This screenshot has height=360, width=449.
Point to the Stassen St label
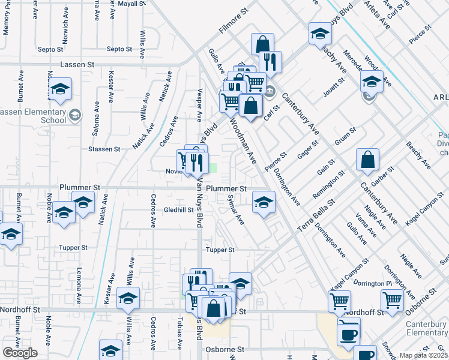tap(100, 148)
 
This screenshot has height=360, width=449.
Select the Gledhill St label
tap(179, 211)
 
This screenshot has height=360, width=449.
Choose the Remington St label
tap(329, 185)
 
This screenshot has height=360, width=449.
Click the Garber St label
tap(382, 178)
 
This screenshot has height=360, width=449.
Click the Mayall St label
tap(132, 4)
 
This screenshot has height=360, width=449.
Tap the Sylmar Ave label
tap(236, 209)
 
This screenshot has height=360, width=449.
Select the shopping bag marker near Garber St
tap(367, 161)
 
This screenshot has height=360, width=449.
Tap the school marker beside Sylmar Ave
tap(263, 202)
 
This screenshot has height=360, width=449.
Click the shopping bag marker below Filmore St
tap(263, 44)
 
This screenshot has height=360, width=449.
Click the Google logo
tap(20, 353)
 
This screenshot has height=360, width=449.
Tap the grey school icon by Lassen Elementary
tap(75, 114)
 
